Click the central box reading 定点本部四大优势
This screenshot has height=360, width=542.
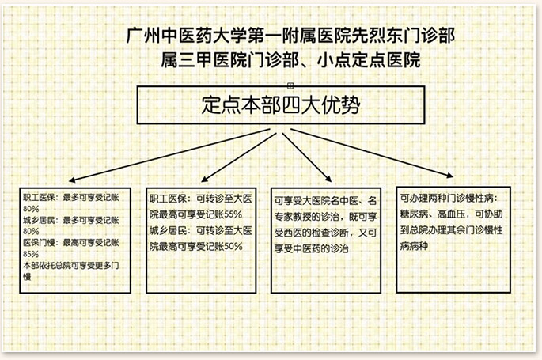(x=281, y=104)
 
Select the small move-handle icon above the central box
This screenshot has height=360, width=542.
(x=290, y=85)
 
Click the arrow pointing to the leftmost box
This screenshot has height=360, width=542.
(x=169, y=155)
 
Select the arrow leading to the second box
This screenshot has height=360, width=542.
(x=239, y=157)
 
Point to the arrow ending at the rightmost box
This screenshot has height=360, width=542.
(x=372, y=153)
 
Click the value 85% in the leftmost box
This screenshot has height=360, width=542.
(x=31, y=254)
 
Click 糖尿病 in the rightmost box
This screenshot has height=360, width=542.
(x=414, y=214)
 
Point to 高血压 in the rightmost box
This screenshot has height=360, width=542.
(x=451, y=214)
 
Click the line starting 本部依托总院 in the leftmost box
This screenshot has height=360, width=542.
(x=71, y=265)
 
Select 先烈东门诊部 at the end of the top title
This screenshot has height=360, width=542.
(x=403, y=36)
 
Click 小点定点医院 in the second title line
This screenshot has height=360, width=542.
(x=369, y=60)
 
